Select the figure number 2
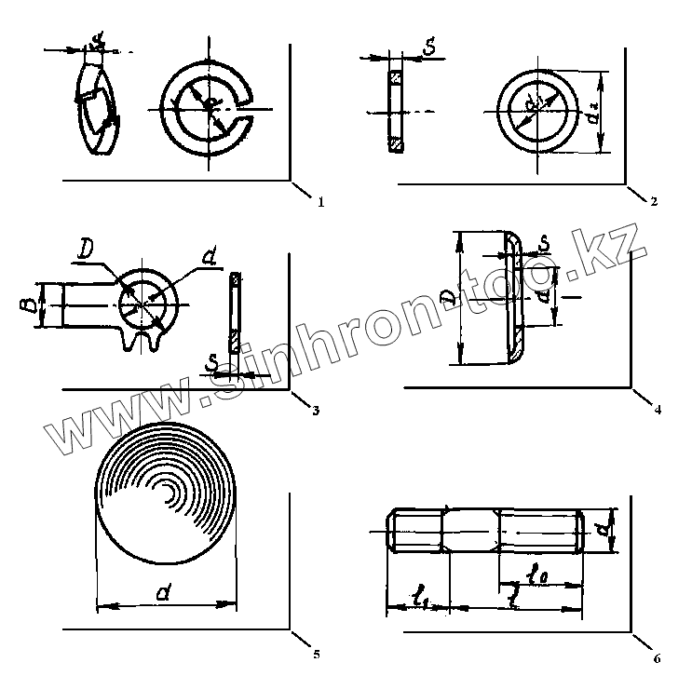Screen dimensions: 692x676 point(655,201)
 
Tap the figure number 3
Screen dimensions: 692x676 point(316,410)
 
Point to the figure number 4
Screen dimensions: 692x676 point(658,409)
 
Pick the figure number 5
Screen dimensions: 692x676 point(317,655)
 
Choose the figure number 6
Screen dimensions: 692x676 point(658,657)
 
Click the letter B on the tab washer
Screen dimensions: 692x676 point(30,304)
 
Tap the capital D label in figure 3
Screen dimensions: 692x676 point(86,250)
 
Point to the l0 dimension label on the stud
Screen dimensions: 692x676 point(538,575)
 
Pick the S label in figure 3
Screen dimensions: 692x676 point(213,361)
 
